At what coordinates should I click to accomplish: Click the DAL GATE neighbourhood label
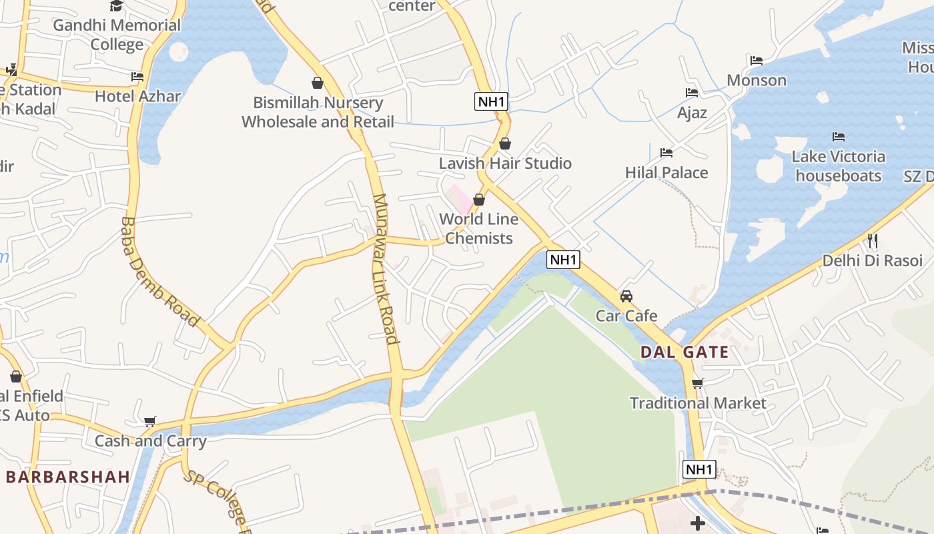(684, 352)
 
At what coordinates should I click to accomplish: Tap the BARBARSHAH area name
(68, 477)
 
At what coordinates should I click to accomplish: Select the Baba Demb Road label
(160, 271)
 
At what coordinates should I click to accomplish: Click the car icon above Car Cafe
(626, 296)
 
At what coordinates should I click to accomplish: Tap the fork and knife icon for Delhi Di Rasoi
(872, 240)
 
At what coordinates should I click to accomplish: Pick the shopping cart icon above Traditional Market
(698, 383)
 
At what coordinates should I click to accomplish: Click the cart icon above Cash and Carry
(150, 421)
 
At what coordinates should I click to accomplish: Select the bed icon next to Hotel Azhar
(137, 77)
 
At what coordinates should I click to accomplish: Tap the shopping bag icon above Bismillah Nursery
(318, 83)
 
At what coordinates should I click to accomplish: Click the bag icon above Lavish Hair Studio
(505, 144)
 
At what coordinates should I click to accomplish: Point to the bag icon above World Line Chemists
(478, 199)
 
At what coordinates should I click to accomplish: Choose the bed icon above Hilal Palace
(666, 153)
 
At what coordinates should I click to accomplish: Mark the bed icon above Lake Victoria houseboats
(839, 137)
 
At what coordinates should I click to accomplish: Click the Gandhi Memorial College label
(117, 35)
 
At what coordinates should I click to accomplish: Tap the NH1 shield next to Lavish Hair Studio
(492, 101)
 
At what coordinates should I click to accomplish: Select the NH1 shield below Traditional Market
(699, 469)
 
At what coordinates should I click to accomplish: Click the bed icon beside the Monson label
(757, 61)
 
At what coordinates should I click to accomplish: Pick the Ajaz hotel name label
(692, 113)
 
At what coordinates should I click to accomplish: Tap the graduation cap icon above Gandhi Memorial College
(117, 6)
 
